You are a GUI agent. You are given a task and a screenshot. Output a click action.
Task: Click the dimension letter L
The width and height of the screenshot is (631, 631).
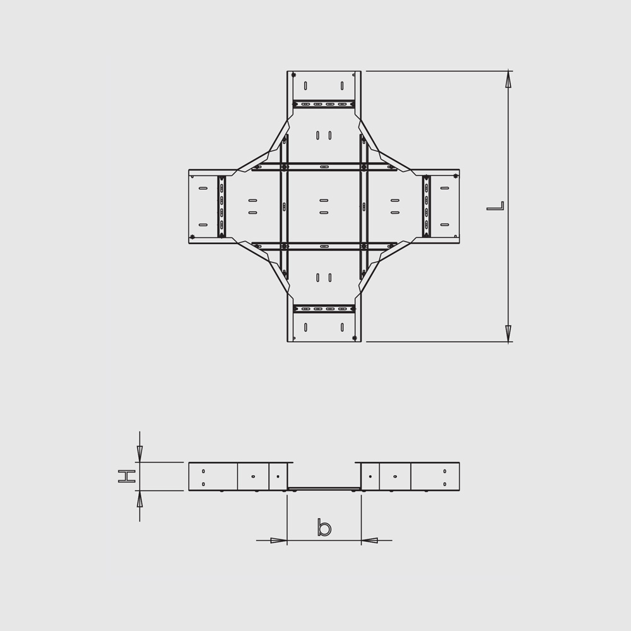(x=495, y=206)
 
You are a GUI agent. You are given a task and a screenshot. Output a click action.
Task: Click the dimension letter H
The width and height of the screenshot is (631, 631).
(x=127, y=476)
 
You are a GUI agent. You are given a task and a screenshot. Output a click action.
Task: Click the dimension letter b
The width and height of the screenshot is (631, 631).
(x=324, y=527)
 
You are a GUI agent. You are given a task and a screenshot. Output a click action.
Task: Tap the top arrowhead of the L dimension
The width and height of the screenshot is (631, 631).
(x=509, y=79)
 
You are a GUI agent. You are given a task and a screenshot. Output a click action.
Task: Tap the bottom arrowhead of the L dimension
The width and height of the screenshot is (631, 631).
(x=509, y=334)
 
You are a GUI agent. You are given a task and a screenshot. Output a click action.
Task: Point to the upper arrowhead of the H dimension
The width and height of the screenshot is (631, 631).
(x=139, y=454)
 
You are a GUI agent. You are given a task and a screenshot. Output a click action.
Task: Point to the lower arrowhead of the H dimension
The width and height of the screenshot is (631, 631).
(x=139, y=498)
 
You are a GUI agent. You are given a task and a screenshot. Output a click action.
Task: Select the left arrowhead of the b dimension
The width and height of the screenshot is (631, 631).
(x=278, y=541)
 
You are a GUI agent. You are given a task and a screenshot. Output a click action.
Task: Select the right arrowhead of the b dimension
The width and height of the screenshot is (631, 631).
(x=370, y=541)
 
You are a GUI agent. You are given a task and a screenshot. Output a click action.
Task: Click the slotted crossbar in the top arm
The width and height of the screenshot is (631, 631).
(x=324, y=104)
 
